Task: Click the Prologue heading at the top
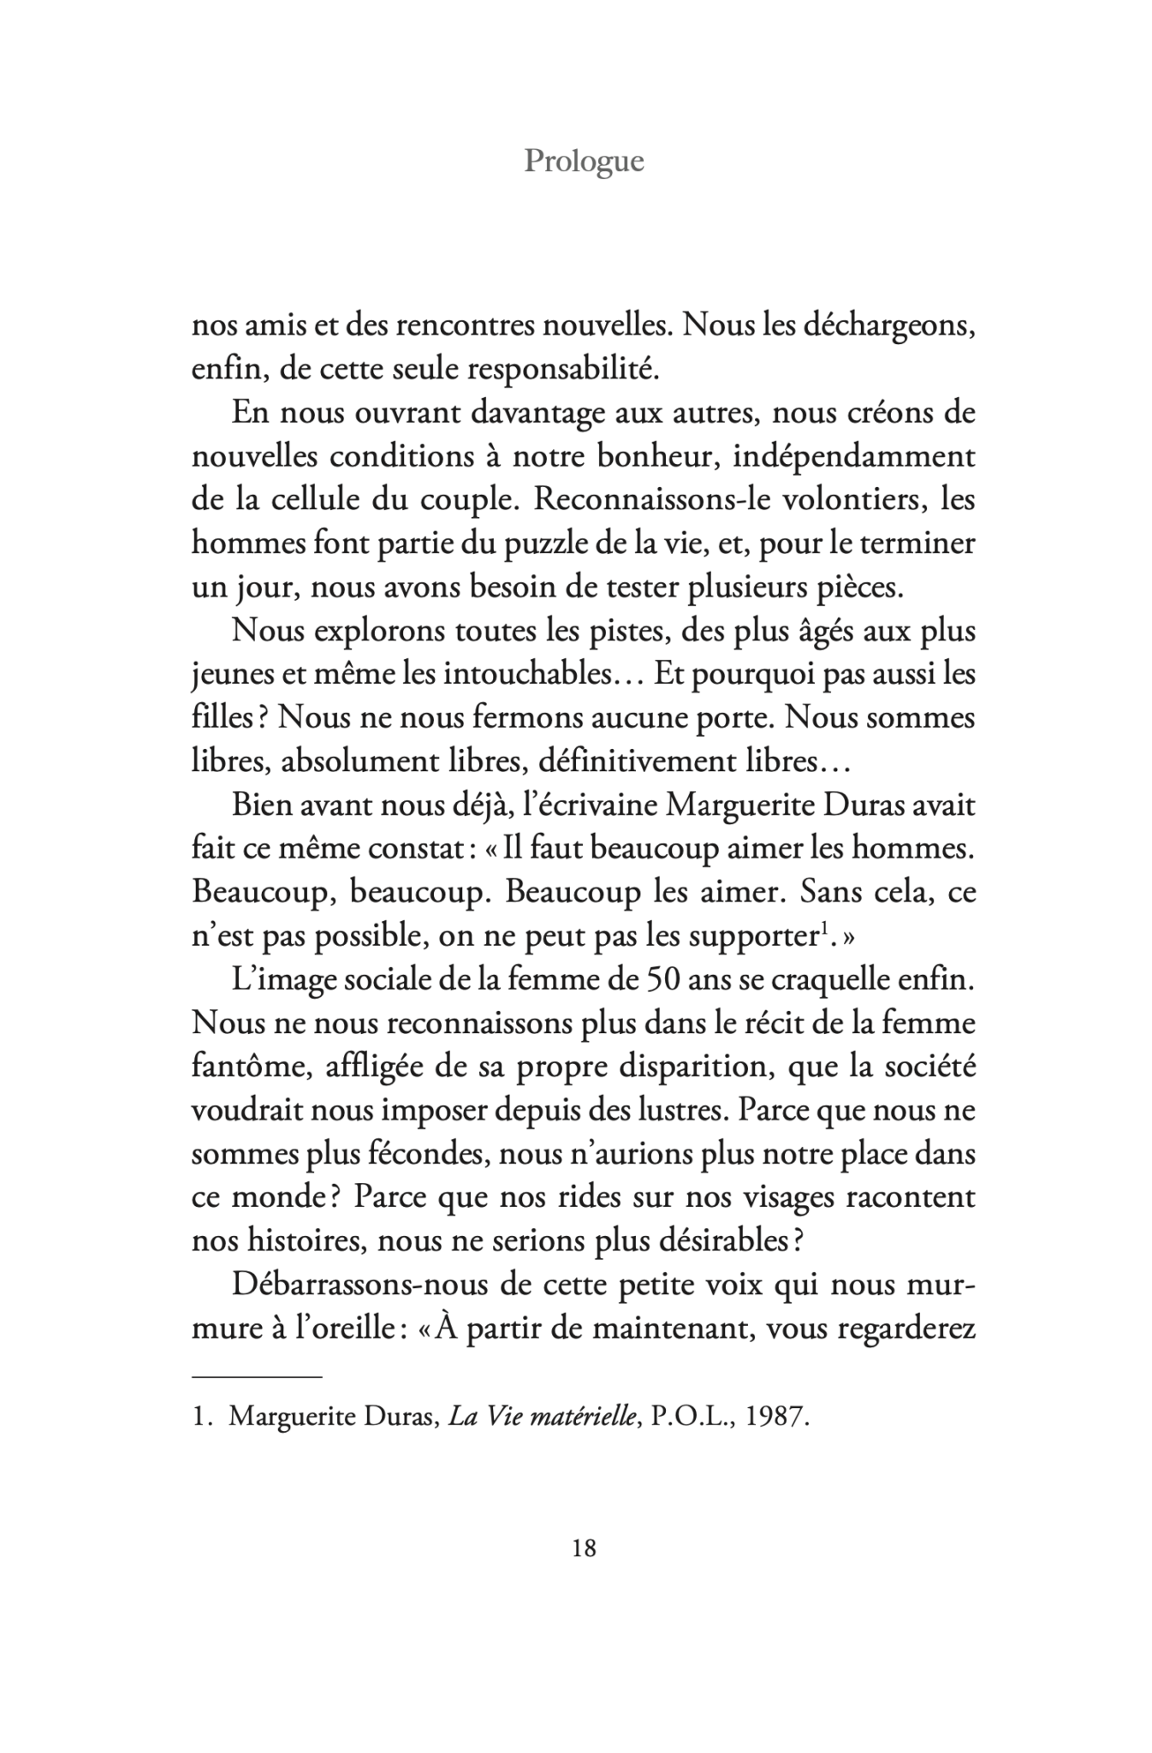[x=584, y=161]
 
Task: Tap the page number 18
[x=583, y=1548]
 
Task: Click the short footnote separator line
[x=256, y=1376]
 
